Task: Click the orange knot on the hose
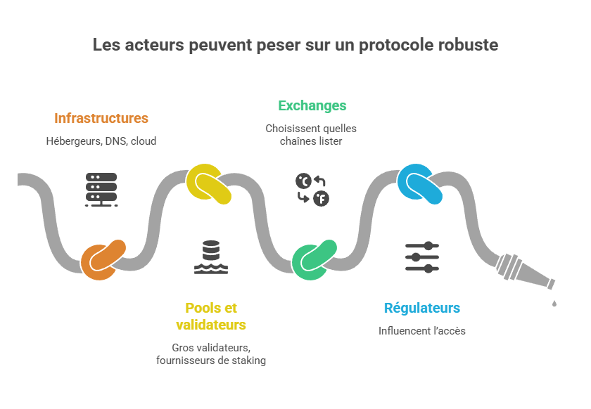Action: (x=103, y=259)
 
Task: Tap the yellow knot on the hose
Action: (x=209, y=183)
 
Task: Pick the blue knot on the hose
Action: (x=421, y=183)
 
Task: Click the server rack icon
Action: (x=101, y=189)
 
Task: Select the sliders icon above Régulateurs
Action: (x=422, y=257)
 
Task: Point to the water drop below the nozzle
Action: (x=554, y=303)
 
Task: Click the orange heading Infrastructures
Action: (x=101, y=118)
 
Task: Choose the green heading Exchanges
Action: (x=312, y=106)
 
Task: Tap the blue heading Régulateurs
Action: (x=422, y=309)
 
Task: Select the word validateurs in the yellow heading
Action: (x=211, y=325)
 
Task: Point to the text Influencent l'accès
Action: (x=422, y=331)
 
